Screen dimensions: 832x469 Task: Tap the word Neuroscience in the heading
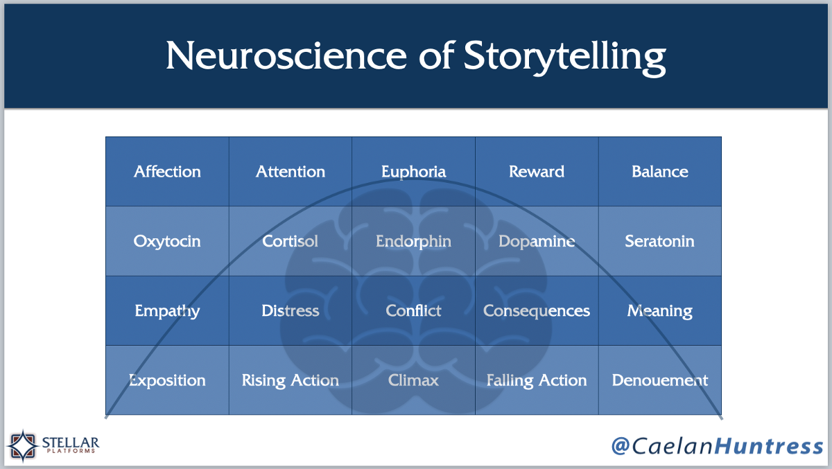pos(286,55)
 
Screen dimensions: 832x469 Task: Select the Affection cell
pos(167,171)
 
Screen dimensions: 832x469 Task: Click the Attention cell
pos(291,171)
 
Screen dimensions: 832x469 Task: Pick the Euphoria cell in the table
pos(413,171)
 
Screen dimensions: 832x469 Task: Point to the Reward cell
pos(537,171)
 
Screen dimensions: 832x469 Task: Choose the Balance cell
pos(660,171)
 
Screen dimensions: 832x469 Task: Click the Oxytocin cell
pos(167,241)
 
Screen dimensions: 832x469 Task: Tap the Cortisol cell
pos(291,241)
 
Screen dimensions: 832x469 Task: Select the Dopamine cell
pos(537,241)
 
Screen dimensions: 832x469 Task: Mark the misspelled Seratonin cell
pos(660,241)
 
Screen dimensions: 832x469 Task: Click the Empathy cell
pos(167,310)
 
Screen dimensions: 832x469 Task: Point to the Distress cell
pos(291,310)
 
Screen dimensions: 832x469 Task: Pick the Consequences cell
pos(537,310)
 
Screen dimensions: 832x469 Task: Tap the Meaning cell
pos(660,310)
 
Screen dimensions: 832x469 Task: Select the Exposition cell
pos(167,380)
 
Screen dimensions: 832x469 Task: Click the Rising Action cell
pos(291,380)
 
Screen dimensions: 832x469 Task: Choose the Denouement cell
pos(660,380)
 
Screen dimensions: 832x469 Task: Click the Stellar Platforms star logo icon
pos(23,445)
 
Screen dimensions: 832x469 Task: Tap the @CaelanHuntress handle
pos(717,446)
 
